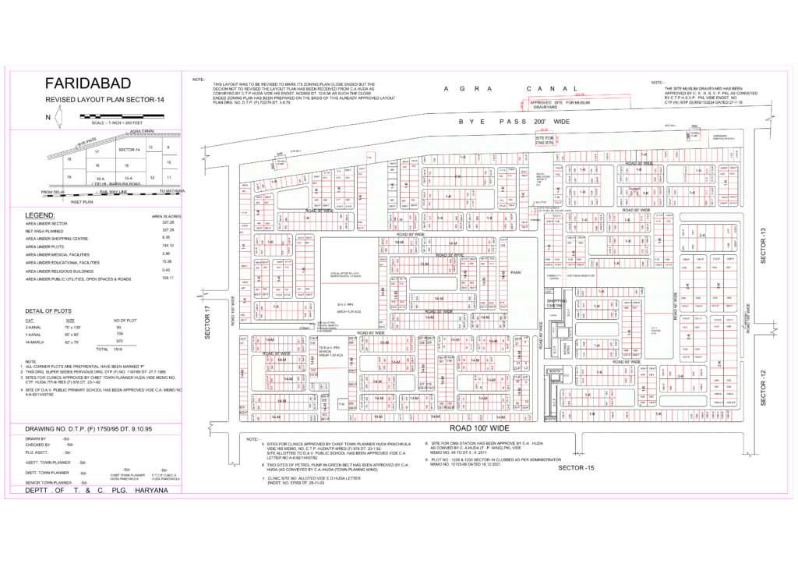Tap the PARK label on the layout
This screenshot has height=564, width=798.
pos(515,271)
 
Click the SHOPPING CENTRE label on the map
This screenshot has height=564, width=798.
pos(556,303)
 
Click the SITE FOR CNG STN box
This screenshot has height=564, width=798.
pos(543,140)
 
